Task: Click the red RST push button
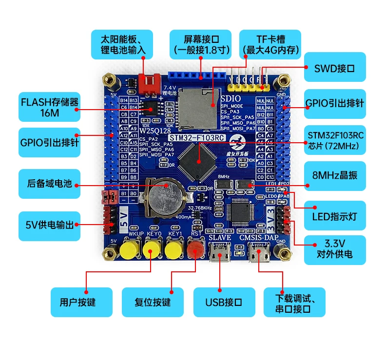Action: point(195,251)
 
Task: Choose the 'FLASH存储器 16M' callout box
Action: point(49,107)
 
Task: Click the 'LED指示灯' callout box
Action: point(334,215)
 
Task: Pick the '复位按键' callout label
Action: point(153,302)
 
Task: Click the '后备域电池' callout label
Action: point(49,184)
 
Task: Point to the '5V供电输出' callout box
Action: point(49,225)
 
